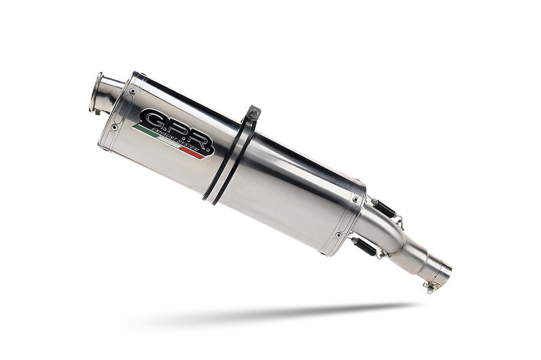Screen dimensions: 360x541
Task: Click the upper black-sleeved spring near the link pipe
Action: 385,207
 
